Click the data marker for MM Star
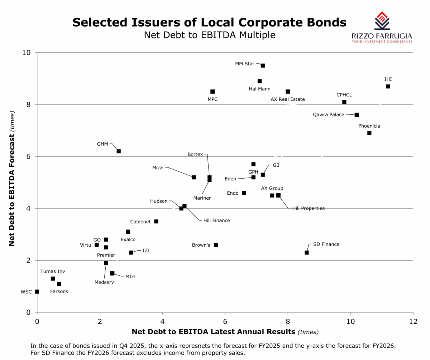pos(263,66)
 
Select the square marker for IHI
pos(388,86)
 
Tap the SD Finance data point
pos(307,252)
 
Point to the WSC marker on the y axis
pos(37,292)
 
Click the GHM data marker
pos(119,151)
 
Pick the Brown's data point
pos(216,245)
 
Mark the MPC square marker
pos(212,92)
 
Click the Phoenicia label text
pos(369,126)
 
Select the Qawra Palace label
pos(328,115)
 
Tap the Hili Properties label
pos(308,208)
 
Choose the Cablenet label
pos(140,222)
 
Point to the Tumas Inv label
pos(53,271)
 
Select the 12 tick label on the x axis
pos(413,321)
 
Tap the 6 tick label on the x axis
pos(225,321)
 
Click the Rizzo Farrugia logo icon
pos(382,20)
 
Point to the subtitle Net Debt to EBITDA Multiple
pos(210,35)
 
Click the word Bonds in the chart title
pos(324,22)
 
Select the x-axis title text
pos(225,332)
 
